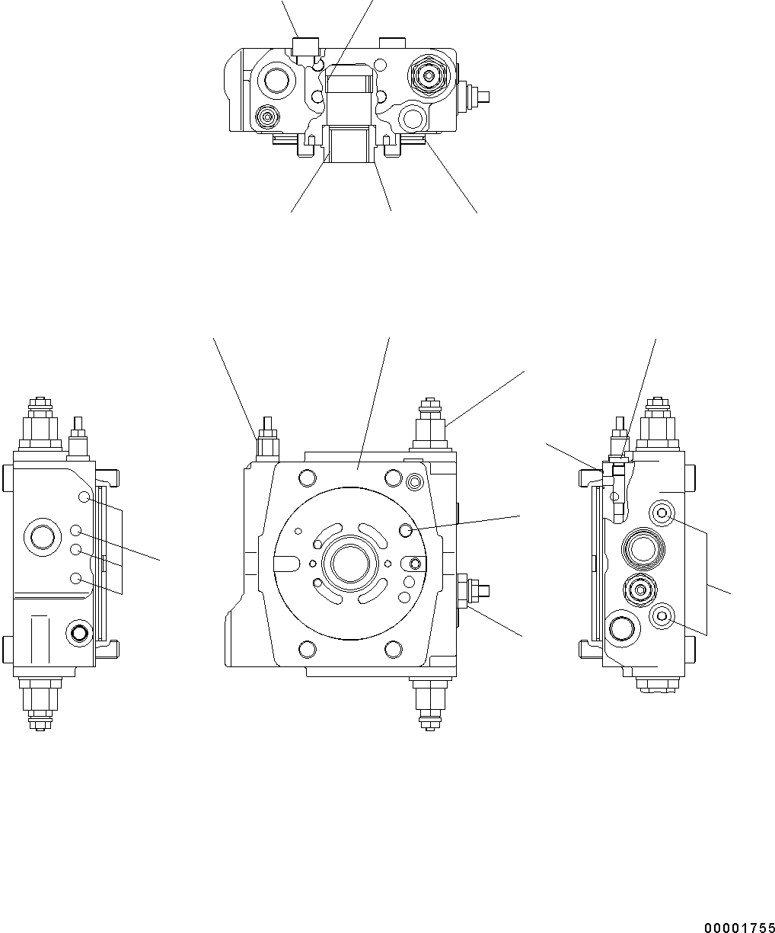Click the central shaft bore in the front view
[x=349, y=564]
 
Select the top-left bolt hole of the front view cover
[x=308, y=478]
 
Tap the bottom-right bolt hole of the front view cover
[x=393, y=649]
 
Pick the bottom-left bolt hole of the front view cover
[x=308, y=649]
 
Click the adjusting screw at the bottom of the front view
[x=428, y=701]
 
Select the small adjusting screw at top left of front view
[x=267, y=439]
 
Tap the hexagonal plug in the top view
[x=429, y=75]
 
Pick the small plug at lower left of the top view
[x=266, y=117]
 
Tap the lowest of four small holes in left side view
[x=76, y=579]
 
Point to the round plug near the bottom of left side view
[x=78, y=631]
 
